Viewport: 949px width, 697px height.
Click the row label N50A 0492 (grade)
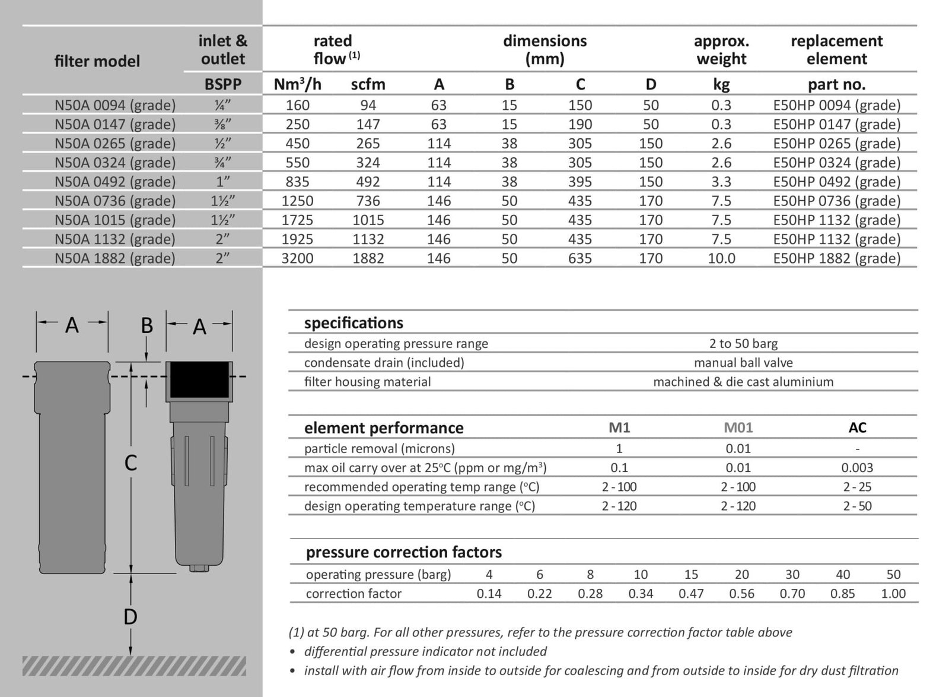[115, 182]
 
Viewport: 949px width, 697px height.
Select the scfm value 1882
[368, 258]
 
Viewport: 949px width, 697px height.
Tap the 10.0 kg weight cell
[721, 258]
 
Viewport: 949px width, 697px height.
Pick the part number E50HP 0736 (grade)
[836, 201]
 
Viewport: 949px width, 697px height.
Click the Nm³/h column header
[297, 84]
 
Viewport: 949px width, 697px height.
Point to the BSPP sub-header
[223, 84]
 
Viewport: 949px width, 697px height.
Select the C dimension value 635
[579, 258]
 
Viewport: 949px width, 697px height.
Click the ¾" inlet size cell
[223, 163]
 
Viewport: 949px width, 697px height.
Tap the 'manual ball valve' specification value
[743, 363]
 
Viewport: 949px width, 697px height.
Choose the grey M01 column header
[738, 427]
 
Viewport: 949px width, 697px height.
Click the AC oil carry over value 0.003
[857, 468]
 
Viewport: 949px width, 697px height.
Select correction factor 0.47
[691, 594]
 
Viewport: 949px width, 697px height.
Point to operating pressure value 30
[792, 575]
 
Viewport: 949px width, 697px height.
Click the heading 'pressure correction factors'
[403, 553]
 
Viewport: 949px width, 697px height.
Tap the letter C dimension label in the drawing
[130, 463]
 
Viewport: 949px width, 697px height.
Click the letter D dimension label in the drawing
[130, 617]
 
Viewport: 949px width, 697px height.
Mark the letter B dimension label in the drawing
[147, 326]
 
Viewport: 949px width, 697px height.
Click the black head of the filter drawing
[199, 379]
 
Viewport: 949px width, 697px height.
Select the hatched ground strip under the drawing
[134, 666]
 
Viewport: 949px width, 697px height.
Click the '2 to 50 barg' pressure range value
[743, 344]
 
